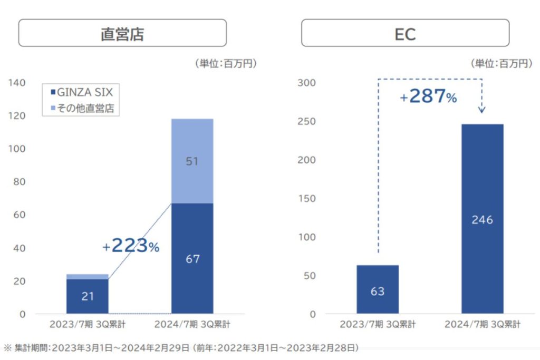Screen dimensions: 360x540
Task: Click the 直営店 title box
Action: pyautogui.click(x=122, y=33)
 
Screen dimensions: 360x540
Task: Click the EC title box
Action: pyautogui.click(x=405, y=33)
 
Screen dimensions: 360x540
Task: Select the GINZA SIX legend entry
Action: pyautogui.click(x=82, y=92)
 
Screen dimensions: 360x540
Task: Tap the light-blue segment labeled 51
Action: pyautogui.click(x=192, y=161)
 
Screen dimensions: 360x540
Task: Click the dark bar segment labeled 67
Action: pyautogui.click(x=192, y=258)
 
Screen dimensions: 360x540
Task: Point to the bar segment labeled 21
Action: pyautogui.click(x=88, y=296)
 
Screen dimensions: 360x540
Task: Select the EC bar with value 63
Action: pyautogui.click(x=378, y=290)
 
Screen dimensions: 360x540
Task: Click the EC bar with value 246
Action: pyautogui.click(x=482, y=219)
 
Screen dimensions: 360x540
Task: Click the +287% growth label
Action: pyautogui.click(x=428, y=96)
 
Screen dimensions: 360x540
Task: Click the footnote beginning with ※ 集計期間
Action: pyautogui.click(x=181, y=348)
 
